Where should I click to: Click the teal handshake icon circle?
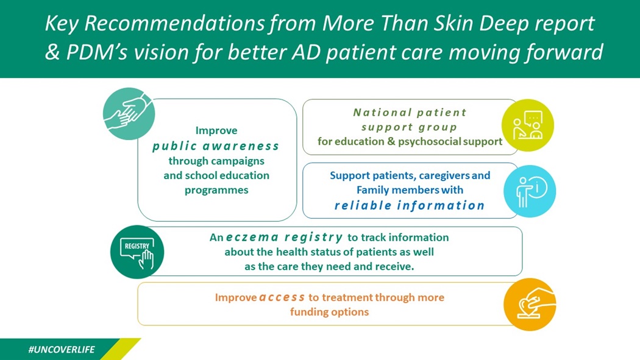pyautogui.click(x=129, y=114)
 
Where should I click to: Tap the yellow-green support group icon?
pyautogui.click(x=528, y=125)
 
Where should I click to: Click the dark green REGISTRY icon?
pyautogui.click(x=137, y=253)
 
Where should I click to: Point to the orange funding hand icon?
pyautogui.click(x=530, y=304)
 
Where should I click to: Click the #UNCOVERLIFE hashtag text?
pyautogui.click(x=62, y=350)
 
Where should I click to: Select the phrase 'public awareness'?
pyautogui.click(x=216, y=146)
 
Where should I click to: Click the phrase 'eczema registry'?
pyautogui.click(x=284, y=238)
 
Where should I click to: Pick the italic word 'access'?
pyautogui.click(x=282, y=297)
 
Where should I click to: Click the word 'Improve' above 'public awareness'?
pyautogui.click(x=216, y=130)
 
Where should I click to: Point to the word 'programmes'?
pyautogui.click(x=216, y=190)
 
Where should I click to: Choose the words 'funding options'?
pyautogui.click(x=329, y=312)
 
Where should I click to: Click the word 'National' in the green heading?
pyautogui.click(x=379, y=113)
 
